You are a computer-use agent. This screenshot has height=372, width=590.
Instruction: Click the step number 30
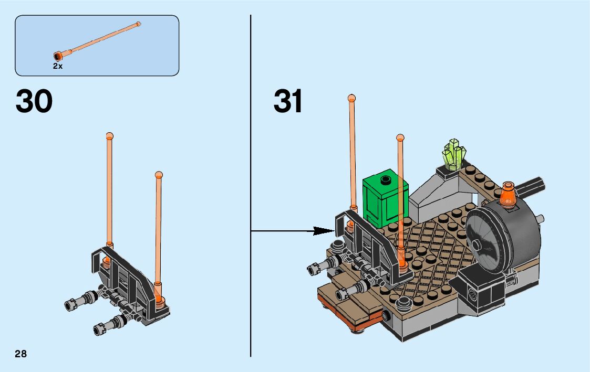point(34,101)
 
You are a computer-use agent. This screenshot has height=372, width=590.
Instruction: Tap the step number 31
point(288,101)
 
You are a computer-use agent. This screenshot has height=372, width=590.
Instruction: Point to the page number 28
point(21,354)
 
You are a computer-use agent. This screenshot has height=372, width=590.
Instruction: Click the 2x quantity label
point(57,66)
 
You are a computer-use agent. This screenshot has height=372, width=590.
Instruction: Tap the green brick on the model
point(385,199)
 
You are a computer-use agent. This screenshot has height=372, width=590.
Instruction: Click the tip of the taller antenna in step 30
point(109,135)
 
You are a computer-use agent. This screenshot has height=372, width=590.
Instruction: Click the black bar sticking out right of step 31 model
point(532,185)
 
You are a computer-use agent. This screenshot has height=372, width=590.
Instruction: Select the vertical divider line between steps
point(251,184)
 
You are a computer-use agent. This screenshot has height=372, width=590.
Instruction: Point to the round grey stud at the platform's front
point(404,302)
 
